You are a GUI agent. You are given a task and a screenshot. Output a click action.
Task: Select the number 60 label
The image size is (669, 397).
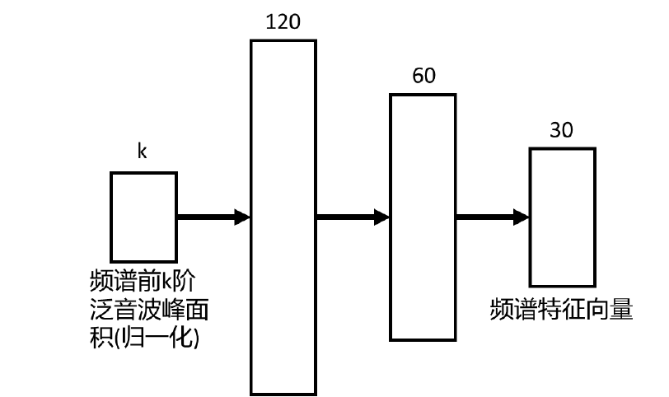[x=423, y=77]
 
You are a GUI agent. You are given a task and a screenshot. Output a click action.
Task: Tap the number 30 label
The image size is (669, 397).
[x=563, y=130]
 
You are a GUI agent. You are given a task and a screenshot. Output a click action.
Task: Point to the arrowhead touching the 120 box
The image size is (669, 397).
[x=242, y=217]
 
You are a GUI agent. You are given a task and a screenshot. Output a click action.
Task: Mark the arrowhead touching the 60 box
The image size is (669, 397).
[x=381, y=217]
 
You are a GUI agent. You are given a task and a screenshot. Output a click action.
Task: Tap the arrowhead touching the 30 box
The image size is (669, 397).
[x=522, y=217]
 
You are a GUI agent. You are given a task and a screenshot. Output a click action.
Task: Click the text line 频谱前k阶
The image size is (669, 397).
[x=143, y=282]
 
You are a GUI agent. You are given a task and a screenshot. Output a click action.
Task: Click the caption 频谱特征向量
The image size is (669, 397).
[x=561, y=310]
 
